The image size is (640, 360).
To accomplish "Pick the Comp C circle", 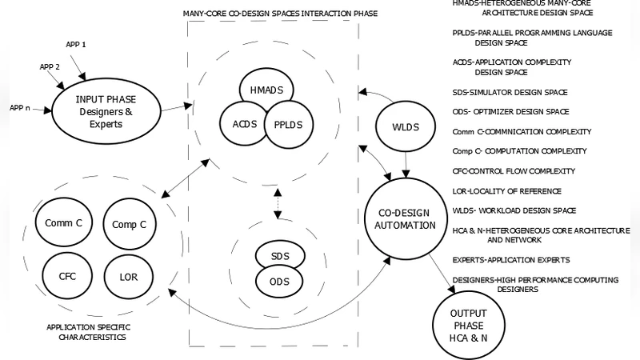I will [129, 225].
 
